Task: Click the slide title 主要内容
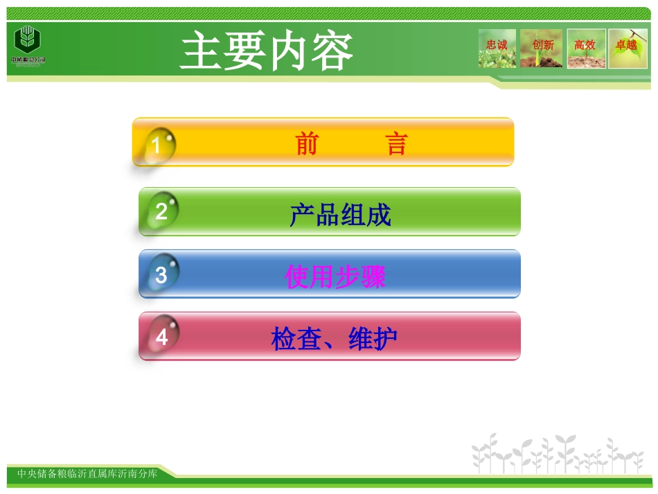(x=267, y=51)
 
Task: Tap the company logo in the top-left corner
(x=28, y=45)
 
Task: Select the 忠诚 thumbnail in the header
(x=497, y=48)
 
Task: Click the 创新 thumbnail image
(x=542, y=48)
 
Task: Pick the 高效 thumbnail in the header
(x=586, y=48)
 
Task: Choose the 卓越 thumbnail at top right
(x=627, y=48)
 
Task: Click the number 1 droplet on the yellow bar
(x=159, y=145)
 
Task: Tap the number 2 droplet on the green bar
(x=162, y=211)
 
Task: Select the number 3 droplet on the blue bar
(x=162, y=274)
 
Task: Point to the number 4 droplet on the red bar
(x=162, y=337)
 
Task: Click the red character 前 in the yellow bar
(x=307, y=144)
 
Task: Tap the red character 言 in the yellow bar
(x=396, y=144)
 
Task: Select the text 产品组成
(x=340, y=215)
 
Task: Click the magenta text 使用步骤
(x=335, y=277)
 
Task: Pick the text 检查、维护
(x=335, y=339)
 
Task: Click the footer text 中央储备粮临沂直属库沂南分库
(x=87, y=474)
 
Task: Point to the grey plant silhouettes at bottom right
(x=558, y=455)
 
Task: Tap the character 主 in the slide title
(x=202, y=51)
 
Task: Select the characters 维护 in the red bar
(x=373, y=339)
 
